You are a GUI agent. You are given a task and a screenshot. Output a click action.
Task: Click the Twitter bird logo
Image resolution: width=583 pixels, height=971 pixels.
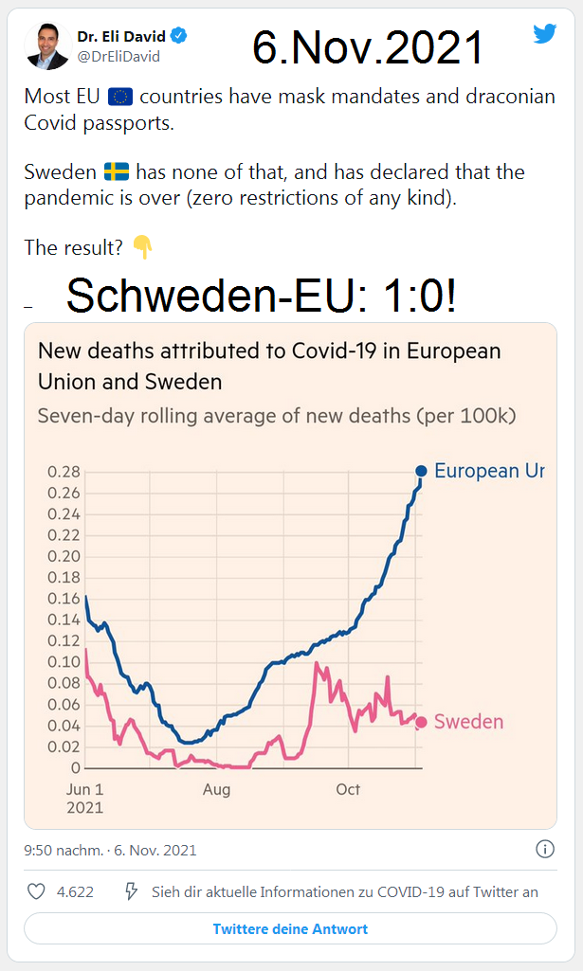tap(544, 34)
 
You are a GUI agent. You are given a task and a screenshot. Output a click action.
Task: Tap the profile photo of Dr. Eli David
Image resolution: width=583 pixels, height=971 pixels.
tap(48, 45)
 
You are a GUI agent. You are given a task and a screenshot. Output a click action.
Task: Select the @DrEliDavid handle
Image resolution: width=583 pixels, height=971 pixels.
tap(118, 56)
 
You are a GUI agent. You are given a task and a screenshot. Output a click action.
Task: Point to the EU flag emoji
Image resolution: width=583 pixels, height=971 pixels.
tap(120, 98)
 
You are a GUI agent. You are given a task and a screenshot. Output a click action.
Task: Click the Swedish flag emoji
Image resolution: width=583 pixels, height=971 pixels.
tap(117, 172)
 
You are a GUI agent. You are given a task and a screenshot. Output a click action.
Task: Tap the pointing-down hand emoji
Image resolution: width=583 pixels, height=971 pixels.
tap(142, 248)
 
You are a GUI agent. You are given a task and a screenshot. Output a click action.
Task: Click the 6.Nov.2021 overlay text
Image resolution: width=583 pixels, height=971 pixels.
tap(367, 47)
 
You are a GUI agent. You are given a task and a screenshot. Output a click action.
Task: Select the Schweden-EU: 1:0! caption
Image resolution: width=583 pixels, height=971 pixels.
tap(262, 297)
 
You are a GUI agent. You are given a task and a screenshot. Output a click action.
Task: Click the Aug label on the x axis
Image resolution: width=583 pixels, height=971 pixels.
tap(217, 789)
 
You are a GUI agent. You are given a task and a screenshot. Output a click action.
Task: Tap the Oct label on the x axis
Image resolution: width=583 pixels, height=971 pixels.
tap(348, 789)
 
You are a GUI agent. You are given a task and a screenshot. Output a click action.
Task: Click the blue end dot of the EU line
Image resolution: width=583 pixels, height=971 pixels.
tap(421, 471)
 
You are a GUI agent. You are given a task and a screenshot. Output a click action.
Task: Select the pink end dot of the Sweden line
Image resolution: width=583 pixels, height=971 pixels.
tap(421, 722)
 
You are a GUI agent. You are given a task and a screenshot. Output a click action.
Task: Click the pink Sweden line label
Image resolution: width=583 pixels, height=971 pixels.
tap(468, 722)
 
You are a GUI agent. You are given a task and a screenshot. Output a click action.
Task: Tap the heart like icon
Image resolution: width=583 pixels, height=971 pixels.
tap(36, 891)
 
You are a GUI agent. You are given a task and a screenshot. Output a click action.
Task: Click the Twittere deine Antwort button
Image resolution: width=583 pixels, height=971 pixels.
tap(290, 928)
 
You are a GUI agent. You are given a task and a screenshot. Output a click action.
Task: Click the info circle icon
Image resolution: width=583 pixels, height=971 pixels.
tap(545, 849)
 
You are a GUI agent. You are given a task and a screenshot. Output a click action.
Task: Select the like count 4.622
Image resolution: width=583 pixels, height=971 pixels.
tap(75, 891)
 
